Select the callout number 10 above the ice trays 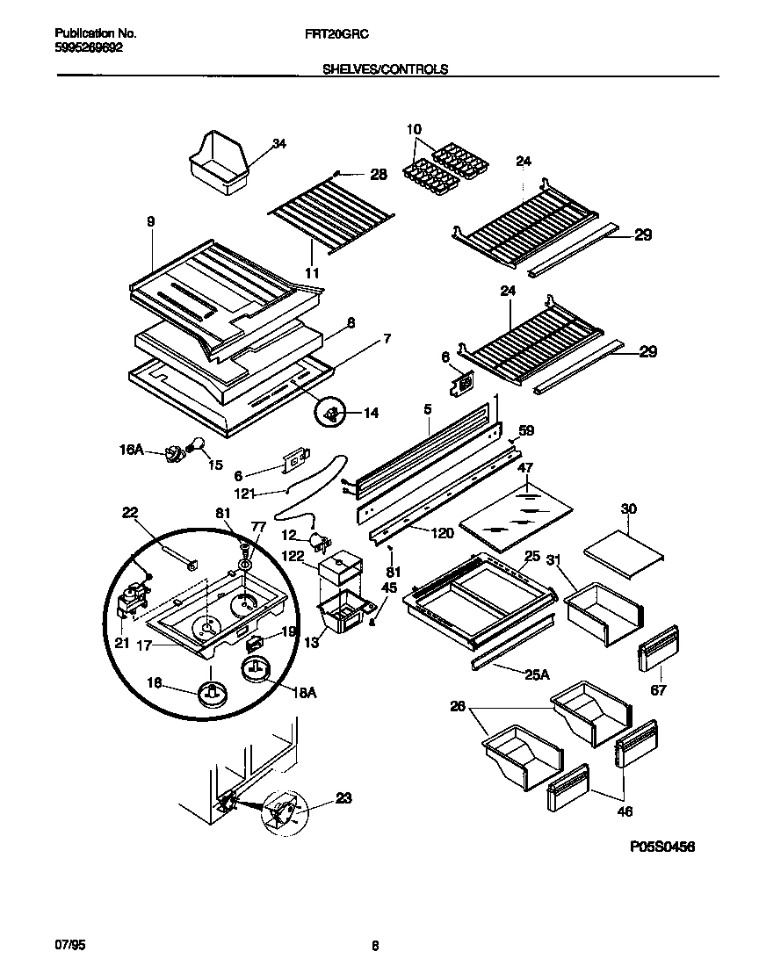pos(415,130)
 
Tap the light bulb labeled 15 pos(199,444)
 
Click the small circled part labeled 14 pos(332,411)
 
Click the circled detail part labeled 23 pos(285,812)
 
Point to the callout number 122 pos(293,555)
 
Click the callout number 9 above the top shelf pos(150,222)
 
